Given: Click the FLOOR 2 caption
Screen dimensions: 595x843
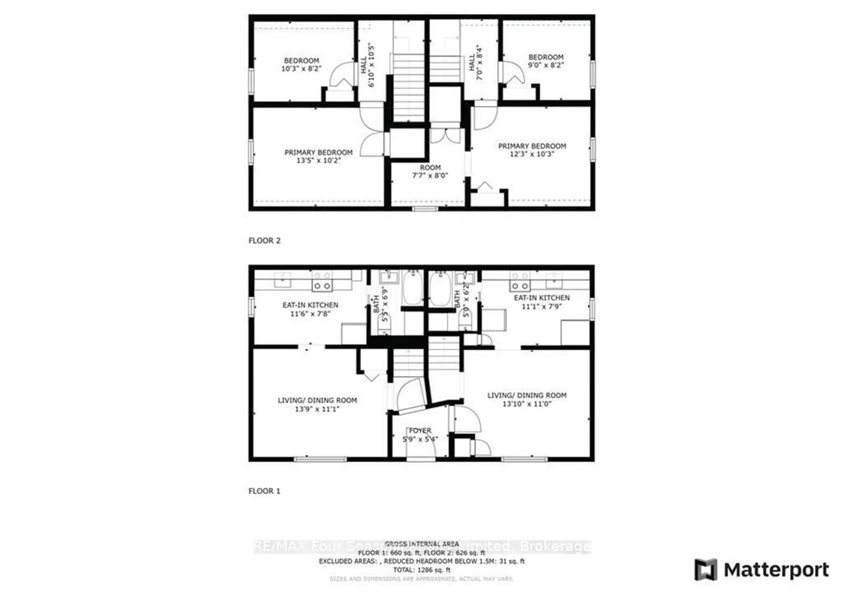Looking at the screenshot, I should [264, 241].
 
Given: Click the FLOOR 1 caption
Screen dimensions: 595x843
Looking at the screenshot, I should [264, 491].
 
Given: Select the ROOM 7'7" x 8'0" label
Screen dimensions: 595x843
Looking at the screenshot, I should [430, 171].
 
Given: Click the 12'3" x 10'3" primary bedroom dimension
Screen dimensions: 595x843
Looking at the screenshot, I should [532, 154].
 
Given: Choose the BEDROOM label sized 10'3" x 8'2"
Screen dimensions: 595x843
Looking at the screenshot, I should [301, 65].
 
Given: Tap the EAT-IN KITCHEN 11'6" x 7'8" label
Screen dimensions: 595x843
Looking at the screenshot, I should [310, 309].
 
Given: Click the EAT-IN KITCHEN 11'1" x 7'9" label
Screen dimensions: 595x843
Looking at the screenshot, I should [542, 302].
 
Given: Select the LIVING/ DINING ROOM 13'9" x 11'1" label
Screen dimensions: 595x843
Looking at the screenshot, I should [317, 404].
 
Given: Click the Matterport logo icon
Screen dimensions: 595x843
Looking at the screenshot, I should [705, 570].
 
